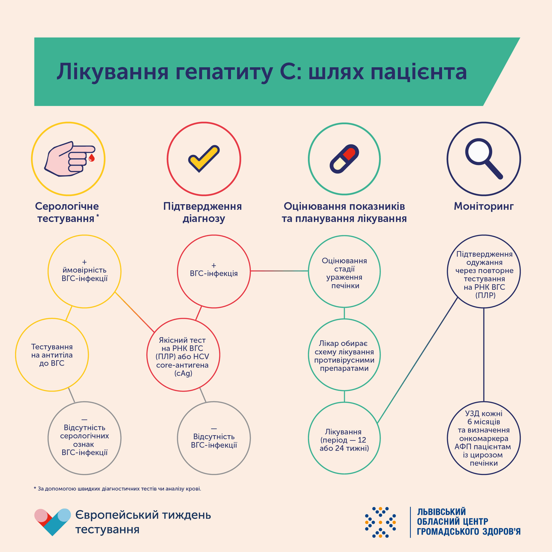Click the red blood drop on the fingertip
tap(92, 158)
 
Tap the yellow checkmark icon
tap(204, 158)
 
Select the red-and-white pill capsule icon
tap(345, 159)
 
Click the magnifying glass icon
tap(483, 159)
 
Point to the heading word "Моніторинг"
tap(484, 206)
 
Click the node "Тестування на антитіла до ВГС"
tap(52, 355)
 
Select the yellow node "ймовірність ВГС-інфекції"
tap(85, 271)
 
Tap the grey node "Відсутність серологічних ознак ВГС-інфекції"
tap(85, 438)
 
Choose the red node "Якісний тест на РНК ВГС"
tap(184, 355)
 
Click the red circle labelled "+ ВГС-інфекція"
tap(214, 271)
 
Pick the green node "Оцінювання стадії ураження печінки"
tap(345, 271)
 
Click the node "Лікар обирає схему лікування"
tap(345, 355)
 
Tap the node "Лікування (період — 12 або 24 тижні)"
tap(345, 438)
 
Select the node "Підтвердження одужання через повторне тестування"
tap(484, 271)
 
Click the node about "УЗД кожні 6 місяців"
tap(484, 438)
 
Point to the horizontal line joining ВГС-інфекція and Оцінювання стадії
tap(279, 270)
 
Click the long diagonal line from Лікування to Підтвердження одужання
tap(417, 360)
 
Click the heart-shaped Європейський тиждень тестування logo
tap(53, 522)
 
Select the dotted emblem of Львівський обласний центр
tap(380, 522)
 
